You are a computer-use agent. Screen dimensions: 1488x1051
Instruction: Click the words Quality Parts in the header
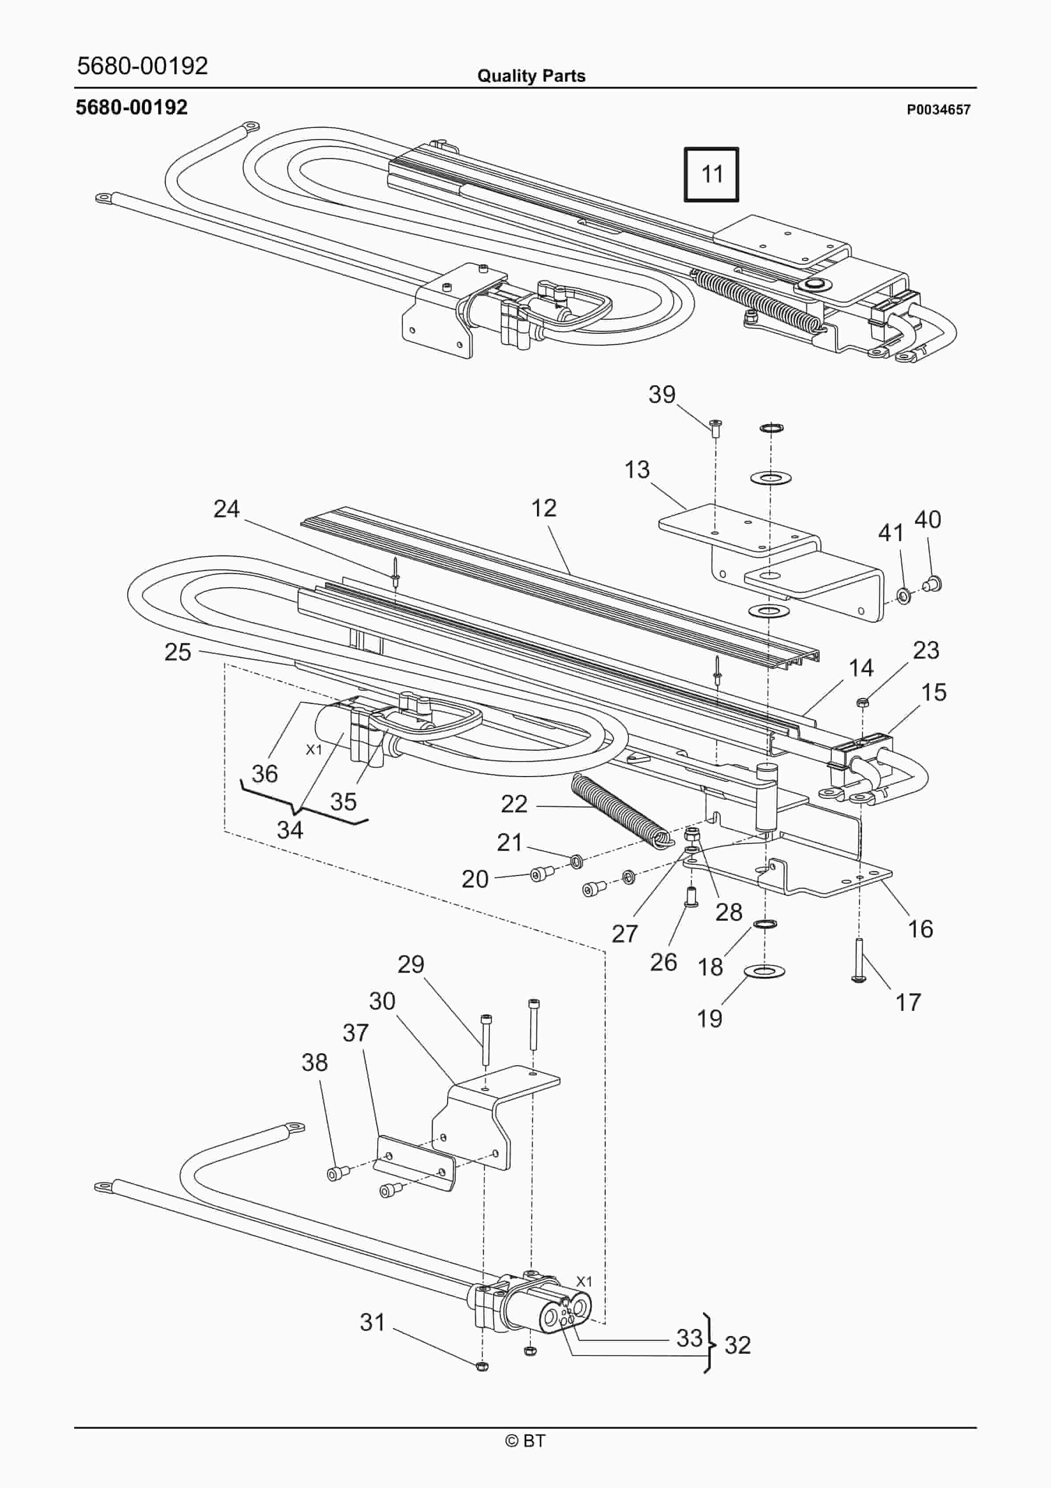coord(531,76)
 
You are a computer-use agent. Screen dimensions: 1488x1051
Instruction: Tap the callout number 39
coord(662,394)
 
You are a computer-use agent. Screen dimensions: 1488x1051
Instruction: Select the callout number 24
coord(226,509)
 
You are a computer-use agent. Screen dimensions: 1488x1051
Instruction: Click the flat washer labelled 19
coord(764,970)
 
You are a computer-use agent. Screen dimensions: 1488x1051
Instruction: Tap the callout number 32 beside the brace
coord(737,1345)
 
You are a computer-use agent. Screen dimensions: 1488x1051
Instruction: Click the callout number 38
coord(314,1062)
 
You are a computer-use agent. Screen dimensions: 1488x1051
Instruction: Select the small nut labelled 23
coord(862,701)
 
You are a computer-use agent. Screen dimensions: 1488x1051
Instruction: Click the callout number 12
coord(544,508)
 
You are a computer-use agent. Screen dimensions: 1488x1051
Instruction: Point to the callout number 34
coord(290,830)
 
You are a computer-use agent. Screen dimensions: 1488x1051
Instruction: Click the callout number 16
coord(920,929)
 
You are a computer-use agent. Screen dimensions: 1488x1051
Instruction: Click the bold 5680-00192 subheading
coord(132,107)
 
